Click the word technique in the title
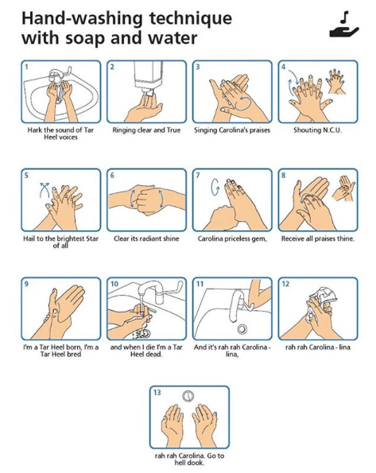(191, 18)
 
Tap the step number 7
(198, 175)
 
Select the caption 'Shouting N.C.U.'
(318, 130)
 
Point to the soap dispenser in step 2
(148, 76)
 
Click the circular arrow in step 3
(243, 103)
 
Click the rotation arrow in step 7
(215, 187)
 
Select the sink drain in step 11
(242, 328)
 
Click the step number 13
(157, 392)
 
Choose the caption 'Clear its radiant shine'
(146, 238)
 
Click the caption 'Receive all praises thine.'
(318, 238)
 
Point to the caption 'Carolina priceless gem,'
(232, 238)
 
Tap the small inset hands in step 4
(335, 80)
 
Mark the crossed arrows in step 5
(45, 190)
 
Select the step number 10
(114, 284)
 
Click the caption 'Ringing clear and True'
(146, 130)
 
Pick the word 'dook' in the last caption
(197, 463)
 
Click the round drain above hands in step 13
(188, 396)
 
